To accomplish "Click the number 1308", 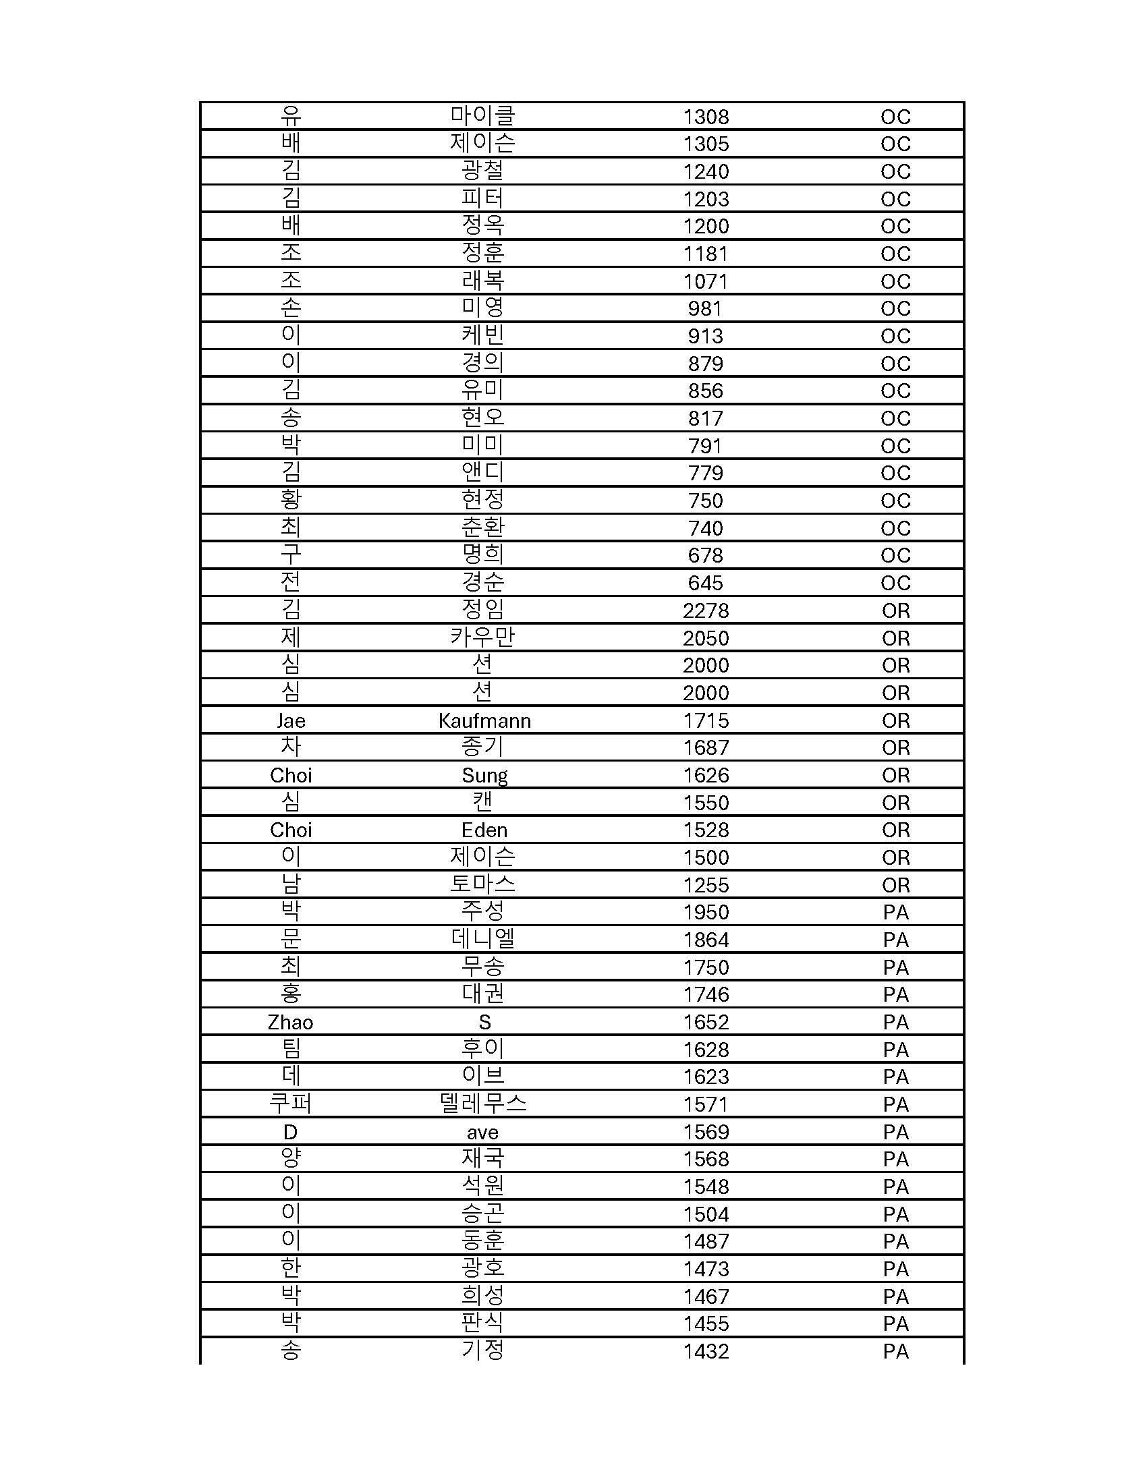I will (x=705, y=117).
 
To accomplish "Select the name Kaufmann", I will (x=484, y=720).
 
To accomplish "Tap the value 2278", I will (x=705, y=611).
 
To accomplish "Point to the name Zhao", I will (x=290, y=1022).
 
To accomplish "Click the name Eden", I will (x=484, y=830).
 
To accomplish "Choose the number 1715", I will (x=705, y=720).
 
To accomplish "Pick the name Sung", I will (x=484, y=775).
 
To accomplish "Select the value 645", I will (x=705, y=583).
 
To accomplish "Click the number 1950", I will (x=705, y=913).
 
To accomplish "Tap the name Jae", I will (x=290, y=720).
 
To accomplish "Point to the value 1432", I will (x=705, y=1352).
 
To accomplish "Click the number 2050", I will (x=705, y=638).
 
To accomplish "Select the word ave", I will (x=482, y=1132).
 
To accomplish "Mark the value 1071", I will (x=705, y=281).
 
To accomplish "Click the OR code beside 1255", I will (x=895, y=886).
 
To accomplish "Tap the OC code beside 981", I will (x=895, y=308).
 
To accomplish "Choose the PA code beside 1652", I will (x=895, y=1022).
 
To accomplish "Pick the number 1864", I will (x=705, y=940).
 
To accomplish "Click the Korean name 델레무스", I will (x=482, y=1104).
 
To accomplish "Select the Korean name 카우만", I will (x=482, y=637).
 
